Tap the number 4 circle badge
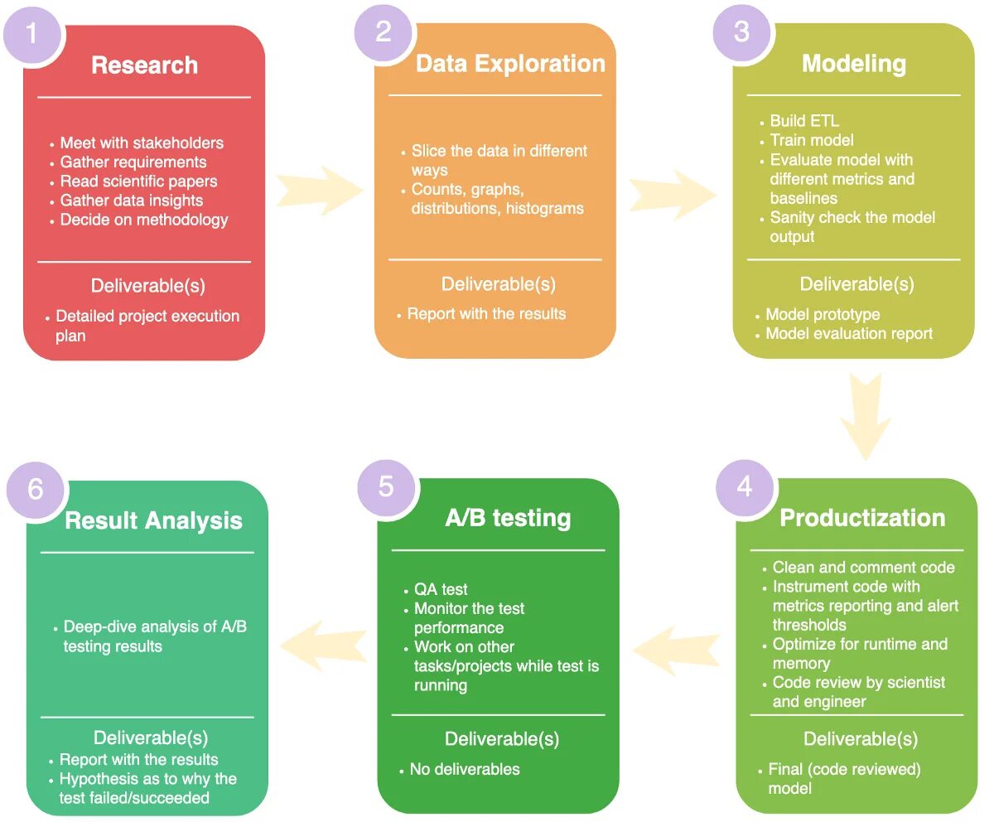point(745,486)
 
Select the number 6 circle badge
point(36,489)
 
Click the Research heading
point(144,65)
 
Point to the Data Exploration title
point(510,64)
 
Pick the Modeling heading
point(853,64)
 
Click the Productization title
point(862,518)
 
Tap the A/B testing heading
point(508,518)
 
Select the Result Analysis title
point(153,520)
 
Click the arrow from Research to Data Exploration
point(318,191)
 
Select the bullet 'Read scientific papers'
point(138,181)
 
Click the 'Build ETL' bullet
point(804,121)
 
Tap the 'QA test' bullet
point(441,589)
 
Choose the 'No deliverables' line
point(465,769)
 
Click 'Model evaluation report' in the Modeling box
point(849,334)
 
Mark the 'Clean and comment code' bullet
point(863,568)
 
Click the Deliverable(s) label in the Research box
point(147,286)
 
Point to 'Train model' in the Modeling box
point(812,140)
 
